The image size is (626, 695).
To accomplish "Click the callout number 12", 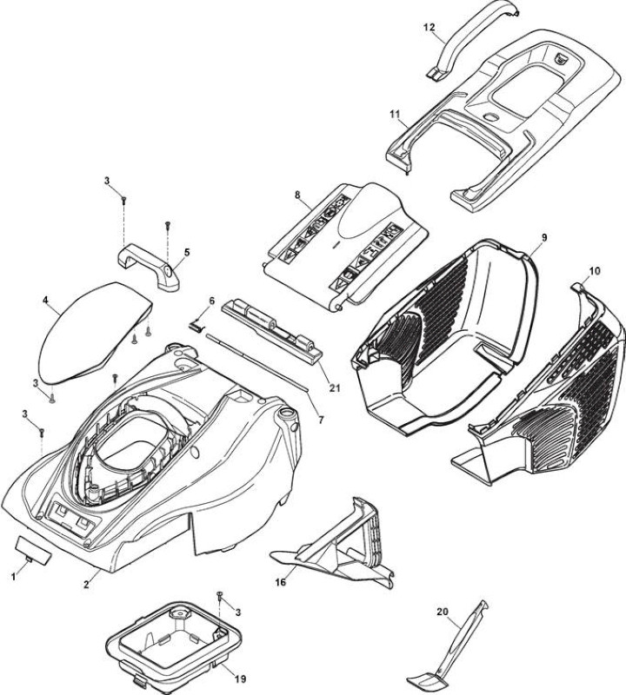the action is pyautogui.click(x=429, y=27).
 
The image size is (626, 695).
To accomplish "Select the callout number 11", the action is pyautogui.click(x=395, y=114).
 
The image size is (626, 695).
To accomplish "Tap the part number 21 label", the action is pyautogui.click(x=335, y=387).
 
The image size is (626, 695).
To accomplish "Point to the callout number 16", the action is pyautogui.click(x=280, y=582).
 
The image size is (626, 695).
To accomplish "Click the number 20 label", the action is pyautogui.click(x=443, y=612).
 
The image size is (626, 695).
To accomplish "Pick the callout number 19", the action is pyautogui.click(x=240, y=678).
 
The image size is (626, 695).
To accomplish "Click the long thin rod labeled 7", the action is pyautogui.click(x=256, y=362).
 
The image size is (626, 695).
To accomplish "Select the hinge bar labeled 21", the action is pyautogui.click(x=271, y=330).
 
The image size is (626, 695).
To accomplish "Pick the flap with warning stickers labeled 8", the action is pyautogui.click(x=346, y=246).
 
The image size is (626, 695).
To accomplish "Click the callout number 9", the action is pyautogui.click(x=544, y=237).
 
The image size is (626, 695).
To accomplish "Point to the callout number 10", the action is pyautogui.click(x=595, y=271).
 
